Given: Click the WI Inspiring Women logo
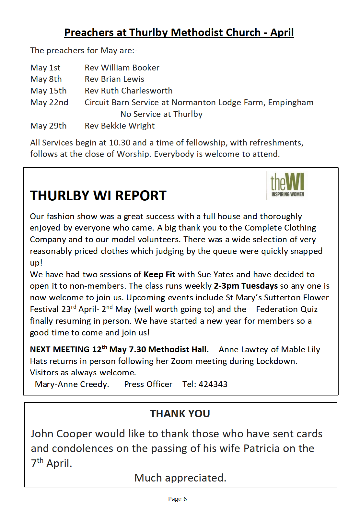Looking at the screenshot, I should (x=286, y=185).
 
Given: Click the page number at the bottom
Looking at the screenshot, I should (x=177, y=499).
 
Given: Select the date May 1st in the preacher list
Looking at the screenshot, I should (x=45, y=68).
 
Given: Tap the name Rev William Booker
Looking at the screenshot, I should (x=122, y=68).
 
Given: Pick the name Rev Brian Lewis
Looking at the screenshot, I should (x=114, y=79).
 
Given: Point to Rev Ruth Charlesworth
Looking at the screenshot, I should (x=128, y=91).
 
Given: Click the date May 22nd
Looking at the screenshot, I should (x=49, y=103).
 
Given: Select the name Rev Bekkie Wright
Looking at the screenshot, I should (x=120, y=126).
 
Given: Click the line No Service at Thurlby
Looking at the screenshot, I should (x=161, y=114).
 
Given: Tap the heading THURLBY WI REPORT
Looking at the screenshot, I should (x=98, y=196).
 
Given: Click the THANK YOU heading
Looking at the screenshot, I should (x=180, y=414).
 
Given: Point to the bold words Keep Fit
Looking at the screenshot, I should (x=159, y=275).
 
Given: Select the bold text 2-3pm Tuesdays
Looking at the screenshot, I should (x=246, y=286).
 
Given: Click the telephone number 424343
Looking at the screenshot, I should (x=213, y=384).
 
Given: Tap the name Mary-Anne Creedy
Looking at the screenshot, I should (x=72, y=384).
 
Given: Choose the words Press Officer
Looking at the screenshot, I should (x=148, y=384).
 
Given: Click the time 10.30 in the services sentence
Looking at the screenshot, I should (x=120, y=143).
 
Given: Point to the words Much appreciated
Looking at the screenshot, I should (x=180, y=478).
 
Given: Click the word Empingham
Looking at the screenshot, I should (x=291, y=103).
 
